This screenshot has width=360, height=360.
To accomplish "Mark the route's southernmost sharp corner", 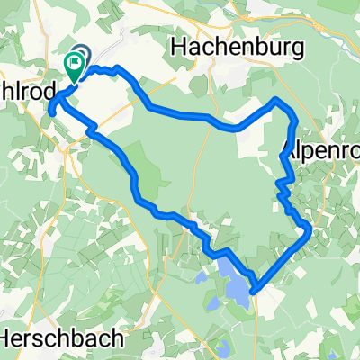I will pos(254,290).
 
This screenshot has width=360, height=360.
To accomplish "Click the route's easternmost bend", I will pos(310,229).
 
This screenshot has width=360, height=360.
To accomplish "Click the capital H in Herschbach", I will pos(8,338).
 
